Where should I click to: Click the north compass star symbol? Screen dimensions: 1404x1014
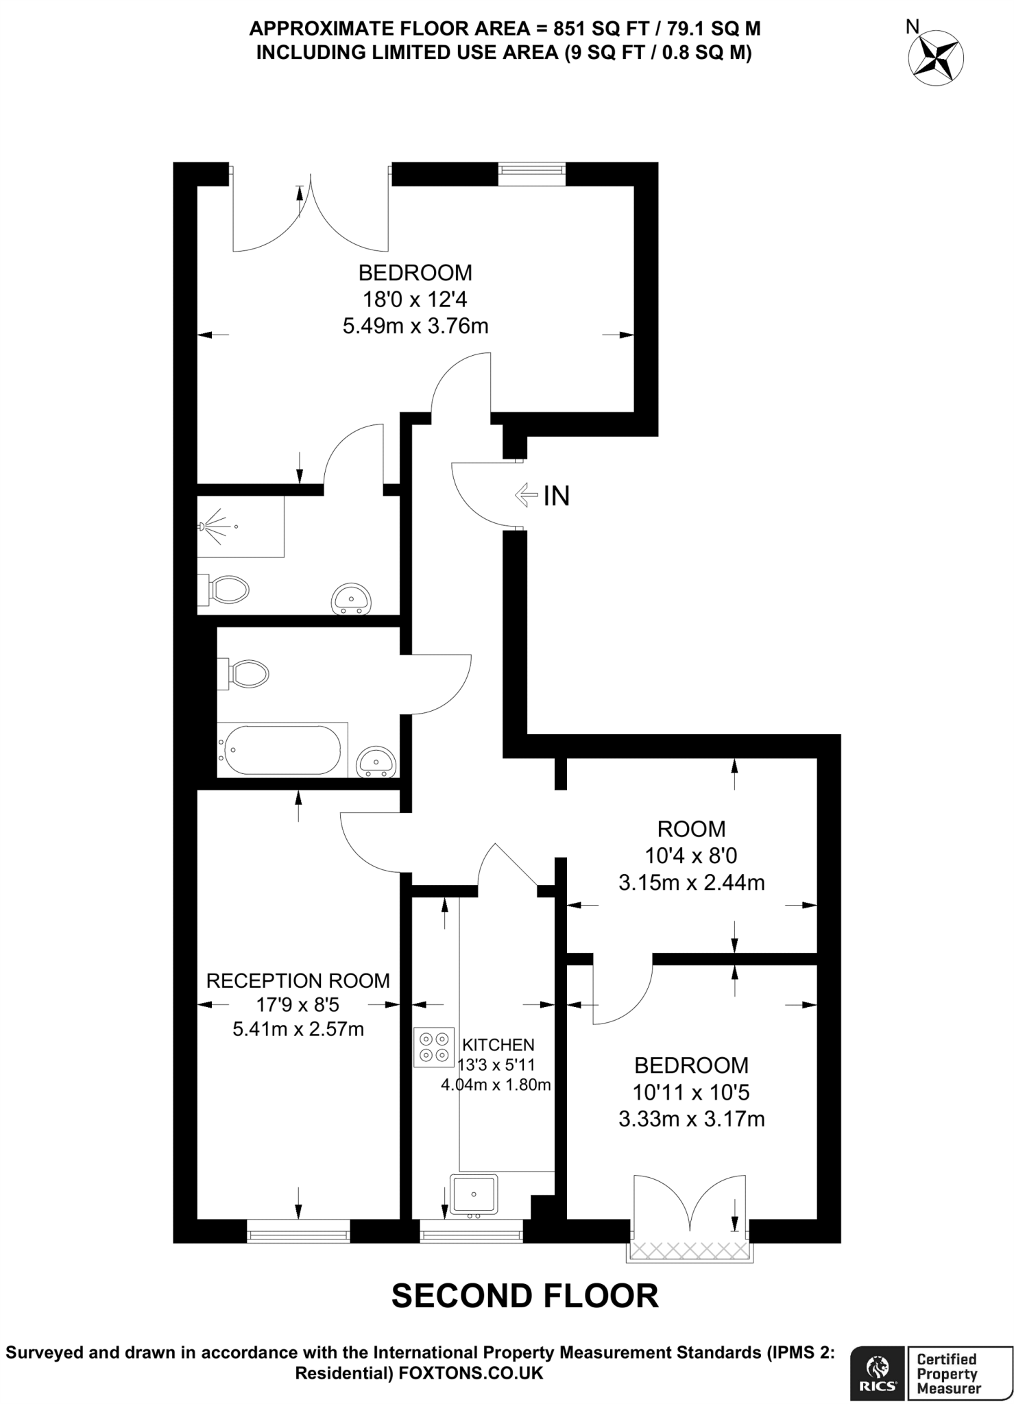pyautogui.click(x=936, y=58)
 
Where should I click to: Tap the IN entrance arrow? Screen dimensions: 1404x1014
pyautogui.click(x=527, y=494)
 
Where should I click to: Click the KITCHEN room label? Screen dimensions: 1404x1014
pyautogui.click(x=498, y=1045)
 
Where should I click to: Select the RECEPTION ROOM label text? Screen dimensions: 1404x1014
pyautogui.click(x=298, y=980)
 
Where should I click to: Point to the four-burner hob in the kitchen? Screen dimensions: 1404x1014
pyautogui.click(x=434, y=1047)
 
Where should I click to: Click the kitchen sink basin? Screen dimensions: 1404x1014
pyautogui.click(x=474, y=1193)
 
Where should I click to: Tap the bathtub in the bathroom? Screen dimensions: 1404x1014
pyautogui.click(x=282, y=750)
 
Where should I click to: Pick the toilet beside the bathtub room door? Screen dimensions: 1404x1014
pyautogui.click(x=244, y=674)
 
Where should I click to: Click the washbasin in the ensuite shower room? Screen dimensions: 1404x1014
pyautogui.click(x=352, y=599)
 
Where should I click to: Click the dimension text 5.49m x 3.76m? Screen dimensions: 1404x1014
pyautogui.click(x=415, y=326)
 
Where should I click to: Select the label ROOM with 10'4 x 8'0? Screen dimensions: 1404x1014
pyautogui.click(x=691, y=829)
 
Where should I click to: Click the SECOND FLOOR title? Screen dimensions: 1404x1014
pyautogui.click(x=524, y=1296)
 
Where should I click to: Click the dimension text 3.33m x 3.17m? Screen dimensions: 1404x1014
pyautogui.click(x=691, y=1119)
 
